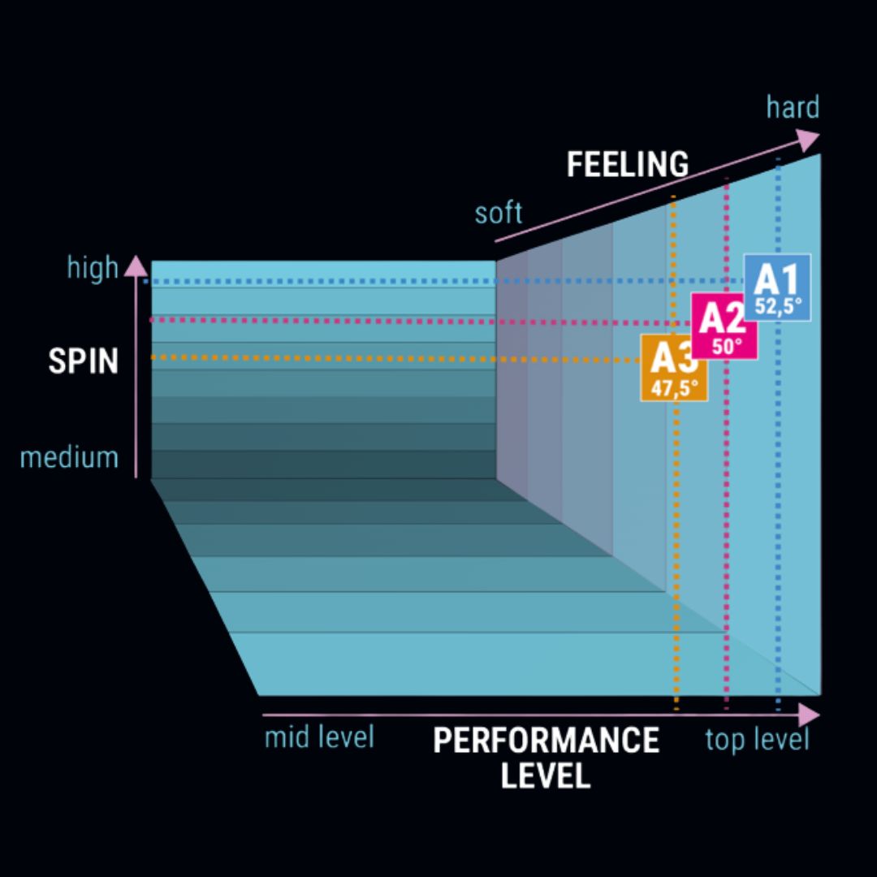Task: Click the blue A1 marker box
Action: tap(777, 287)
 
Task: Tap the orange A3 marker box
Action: tap(673, 367)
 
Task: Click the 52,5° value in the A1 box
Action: tap(778, 306)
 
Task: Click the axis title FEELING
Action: tap(627, 165)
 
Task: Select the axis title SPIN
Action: tap(83, 361)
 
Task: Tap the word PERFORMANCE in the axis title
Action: tap(546, 741)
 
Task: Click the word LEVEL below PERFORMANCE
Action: tap(545, 776)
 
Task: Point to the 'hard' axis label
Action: tap(793, 107)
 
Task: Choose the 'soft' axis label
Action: tap(499, 214)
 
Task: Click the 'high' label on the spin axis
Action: tap(92, 268)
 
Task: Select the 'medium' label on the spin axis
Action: tap(69, 457)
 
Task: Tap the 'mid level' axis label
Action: tap(319, 738)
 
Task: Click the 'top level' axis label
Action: tap(757, 740)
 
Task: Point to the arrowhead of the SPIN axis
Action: tap(137, 266)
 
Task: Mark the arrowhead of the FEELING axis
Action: tap(808, 140)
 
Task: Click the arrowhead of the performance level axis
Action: tap(809, 715)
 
